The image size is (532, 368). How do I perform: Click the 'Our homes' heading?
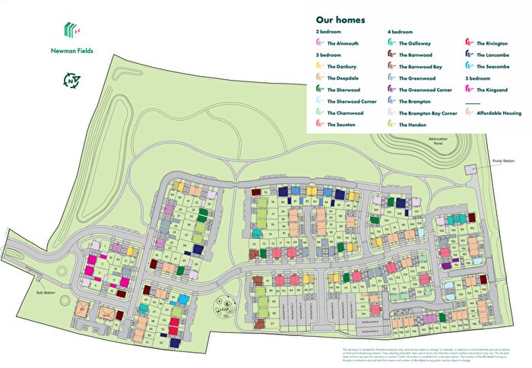click(340, 20)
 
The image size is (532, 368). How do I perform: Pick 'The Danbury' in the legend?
click(340, 66)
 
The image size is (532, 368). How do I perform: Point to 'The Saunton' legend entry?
click(340, 124)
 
